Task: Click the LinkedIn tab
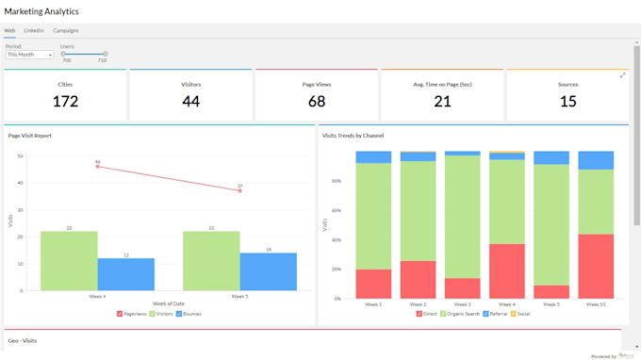click(x=34, y=30)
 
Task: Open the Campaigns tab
click(x=66, y=30)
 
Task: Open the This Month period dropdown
click(x=30, y=55)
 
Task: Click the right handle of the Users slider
click(x=105, y=54)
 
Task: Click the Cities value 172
click(x=65, y=101)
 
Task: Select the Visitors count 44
click(x=190, y=101)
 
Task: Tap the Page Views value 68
click(x=316, y=101)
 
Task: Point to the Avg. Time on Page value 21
click(x=442, y=101)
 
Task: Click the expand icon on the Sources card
click(x=622, y=75)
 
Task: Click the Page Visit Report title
click(x=30, y=136)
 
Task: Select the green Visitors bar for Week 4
click(x=69, y=261)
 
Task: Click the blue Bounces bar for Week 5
click(x=268, y=271)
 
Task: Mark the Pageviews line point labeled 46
click(x=97, y=167)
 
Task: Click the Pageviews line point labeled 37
click(x=239, y=190)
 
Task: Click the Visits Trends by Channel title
click(x=353, y=136)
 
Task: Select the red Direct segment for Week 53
click(x=595, y=266)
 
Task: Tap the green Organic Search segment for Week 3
click(x=462, y=217)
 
